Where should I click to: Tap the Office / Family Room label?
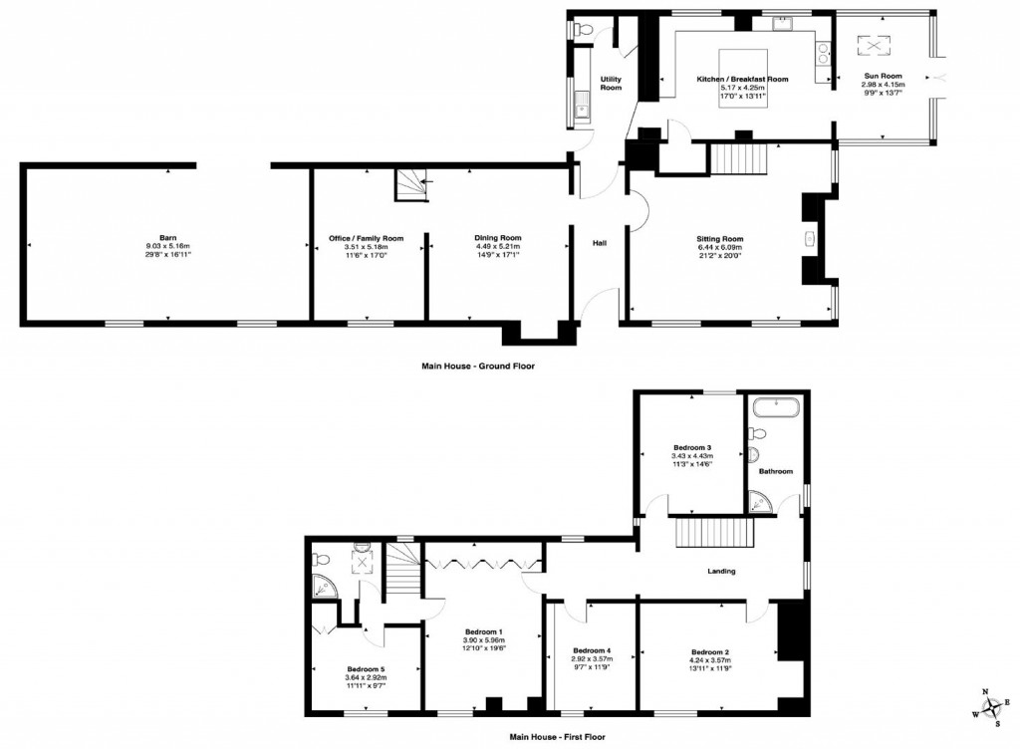[367, 238]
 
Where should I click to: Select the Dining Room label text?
[497, 238]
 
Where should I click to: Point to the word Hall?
[600, 243]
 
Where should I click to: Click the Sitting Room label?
[719, 239]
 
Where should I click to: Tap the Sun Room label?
[882, 76]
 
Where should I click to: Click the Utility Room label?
[611, 84]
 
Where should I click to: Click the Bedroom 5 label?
[366, 668]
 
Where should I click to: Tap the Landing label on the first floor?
[721, 571]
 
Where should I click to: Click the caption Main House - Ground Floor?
[478, 367]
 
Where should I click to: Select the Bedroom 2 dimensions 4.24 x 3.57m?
[708, 660]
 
